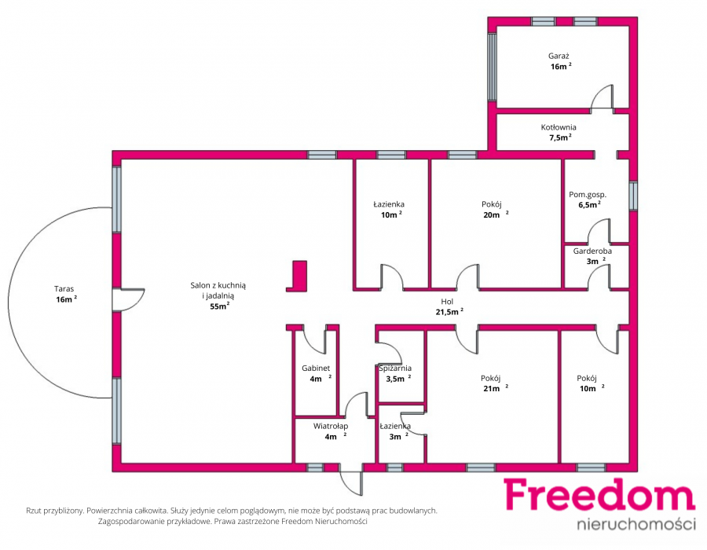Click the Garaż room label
(559, 57)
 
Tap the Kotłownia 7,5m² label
(559, 133)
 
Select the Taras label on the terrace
(64, 289)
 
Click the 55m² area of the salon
(220, 306)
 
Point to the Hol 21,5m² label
(449, 306)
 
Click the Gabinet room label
(316, 368)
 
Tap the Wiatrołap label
(331, 426)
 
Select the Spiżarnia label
(395, 368)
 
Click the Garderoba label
(592, 251)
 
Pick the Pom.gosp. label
(588, 195)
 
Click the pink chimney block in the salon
(298, 276)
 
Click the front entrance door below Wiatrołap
(351, 483)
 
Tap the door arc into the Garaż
(602, 96)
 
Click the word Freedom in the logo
(599, 495)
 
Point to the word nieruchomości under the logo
(636, 524)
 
